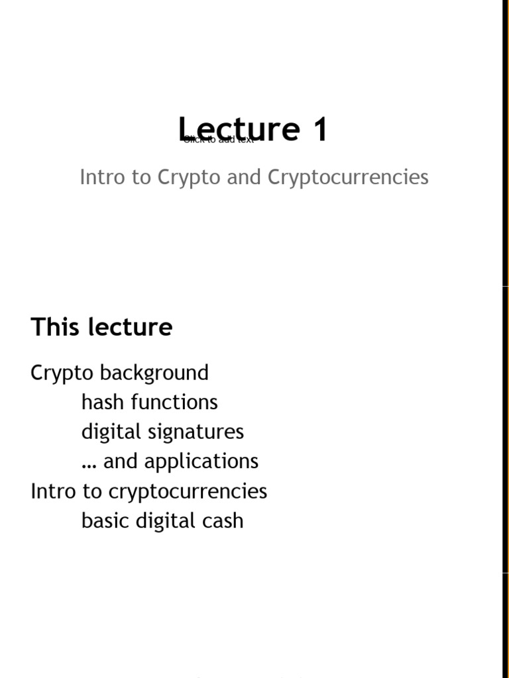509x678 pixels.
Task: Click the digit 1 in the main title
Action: [321, 129]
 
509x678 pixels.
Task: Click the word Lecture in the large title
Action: [238, 129]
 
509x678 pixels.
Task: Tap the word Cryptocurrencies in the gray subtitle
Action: [348, 177]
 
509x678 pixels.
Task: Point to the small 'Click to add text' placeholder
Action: [219, 140]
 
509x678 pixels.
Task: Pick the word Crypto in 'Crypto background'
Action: [62, 373]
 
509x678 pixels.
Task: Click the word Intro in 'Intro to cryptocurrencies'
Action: [51, 491]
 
